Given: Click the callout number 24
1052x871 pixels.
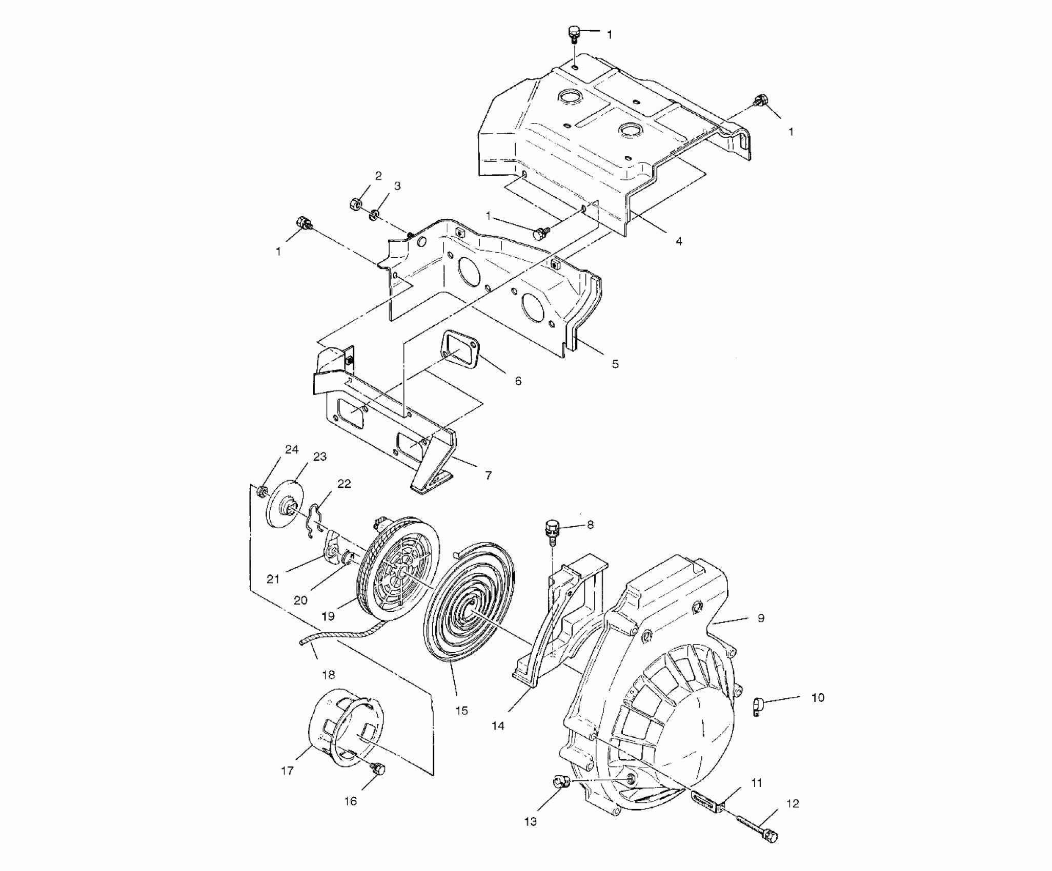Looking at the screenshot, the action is [x=292, y=449].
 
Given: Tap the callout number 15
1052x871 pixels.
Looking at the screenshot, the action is [x=461, y=711].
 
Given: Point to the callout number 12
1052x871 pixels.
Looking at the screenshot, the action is [x=793, y=804].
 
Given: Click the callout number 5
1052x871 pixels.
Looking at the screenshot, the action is [x=615, y=364].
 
